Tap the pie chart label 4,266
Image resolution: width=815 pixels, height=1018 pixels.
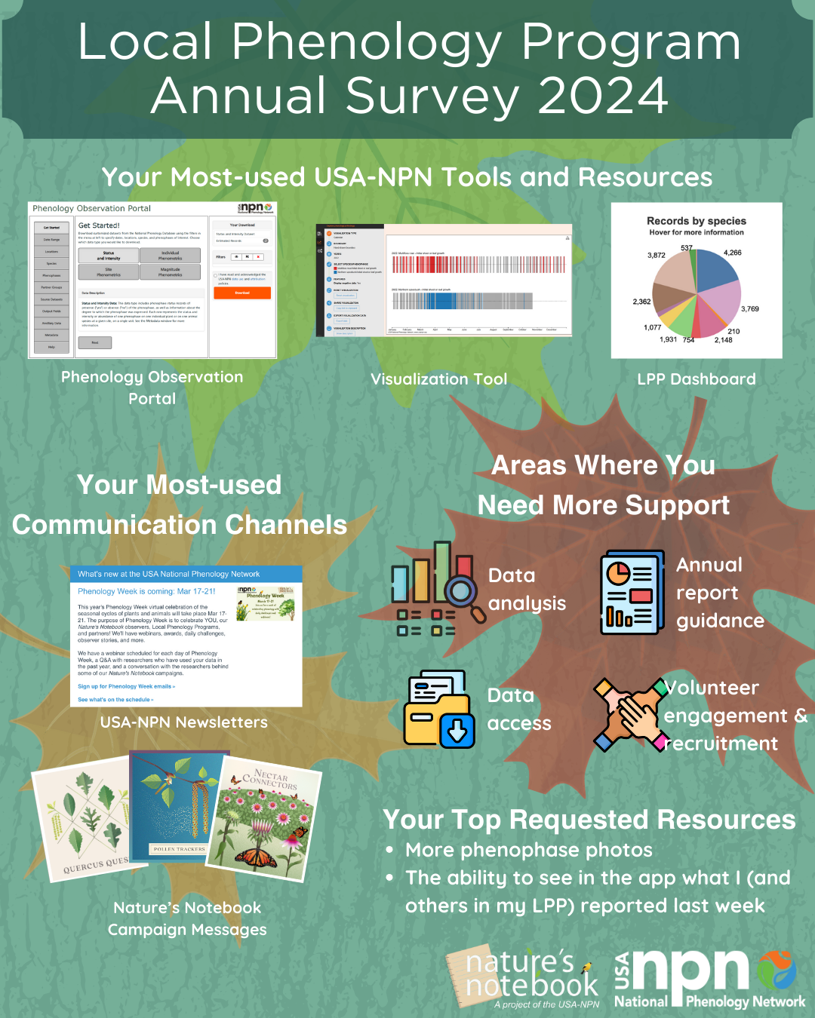[732, 253]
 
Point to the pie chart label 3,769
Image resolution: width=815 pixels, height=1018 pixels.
[749, 309]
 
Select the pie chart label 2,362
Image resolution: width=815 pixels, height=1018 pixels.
[641, 302]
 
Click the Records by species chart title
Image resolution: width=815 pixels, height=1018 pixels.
[696, 221]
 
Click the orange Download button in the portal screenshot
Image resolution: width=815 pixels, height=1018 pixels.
[241, 293]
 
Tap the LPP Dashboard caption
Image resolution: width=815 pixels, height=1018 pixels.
[696, 379]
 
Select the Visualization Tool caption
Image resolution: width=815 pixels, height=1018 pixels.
[438, 379]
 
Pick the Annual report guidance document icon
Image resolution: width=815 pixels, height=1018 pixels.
[632, 593]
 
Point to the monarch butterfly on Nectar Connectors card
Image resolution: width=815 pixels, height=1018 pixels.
[257, 857]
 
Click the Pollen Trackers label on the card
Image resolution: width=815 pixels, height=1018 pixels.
[179, 849]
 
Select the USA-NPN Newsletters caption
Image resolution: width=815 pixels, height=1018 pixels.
[184, 722]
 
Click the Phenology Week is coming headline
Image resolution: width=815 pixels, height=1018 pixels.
[146, 591]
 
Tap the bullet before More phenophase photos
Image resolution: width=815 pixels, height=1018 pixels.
[389, 851]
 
